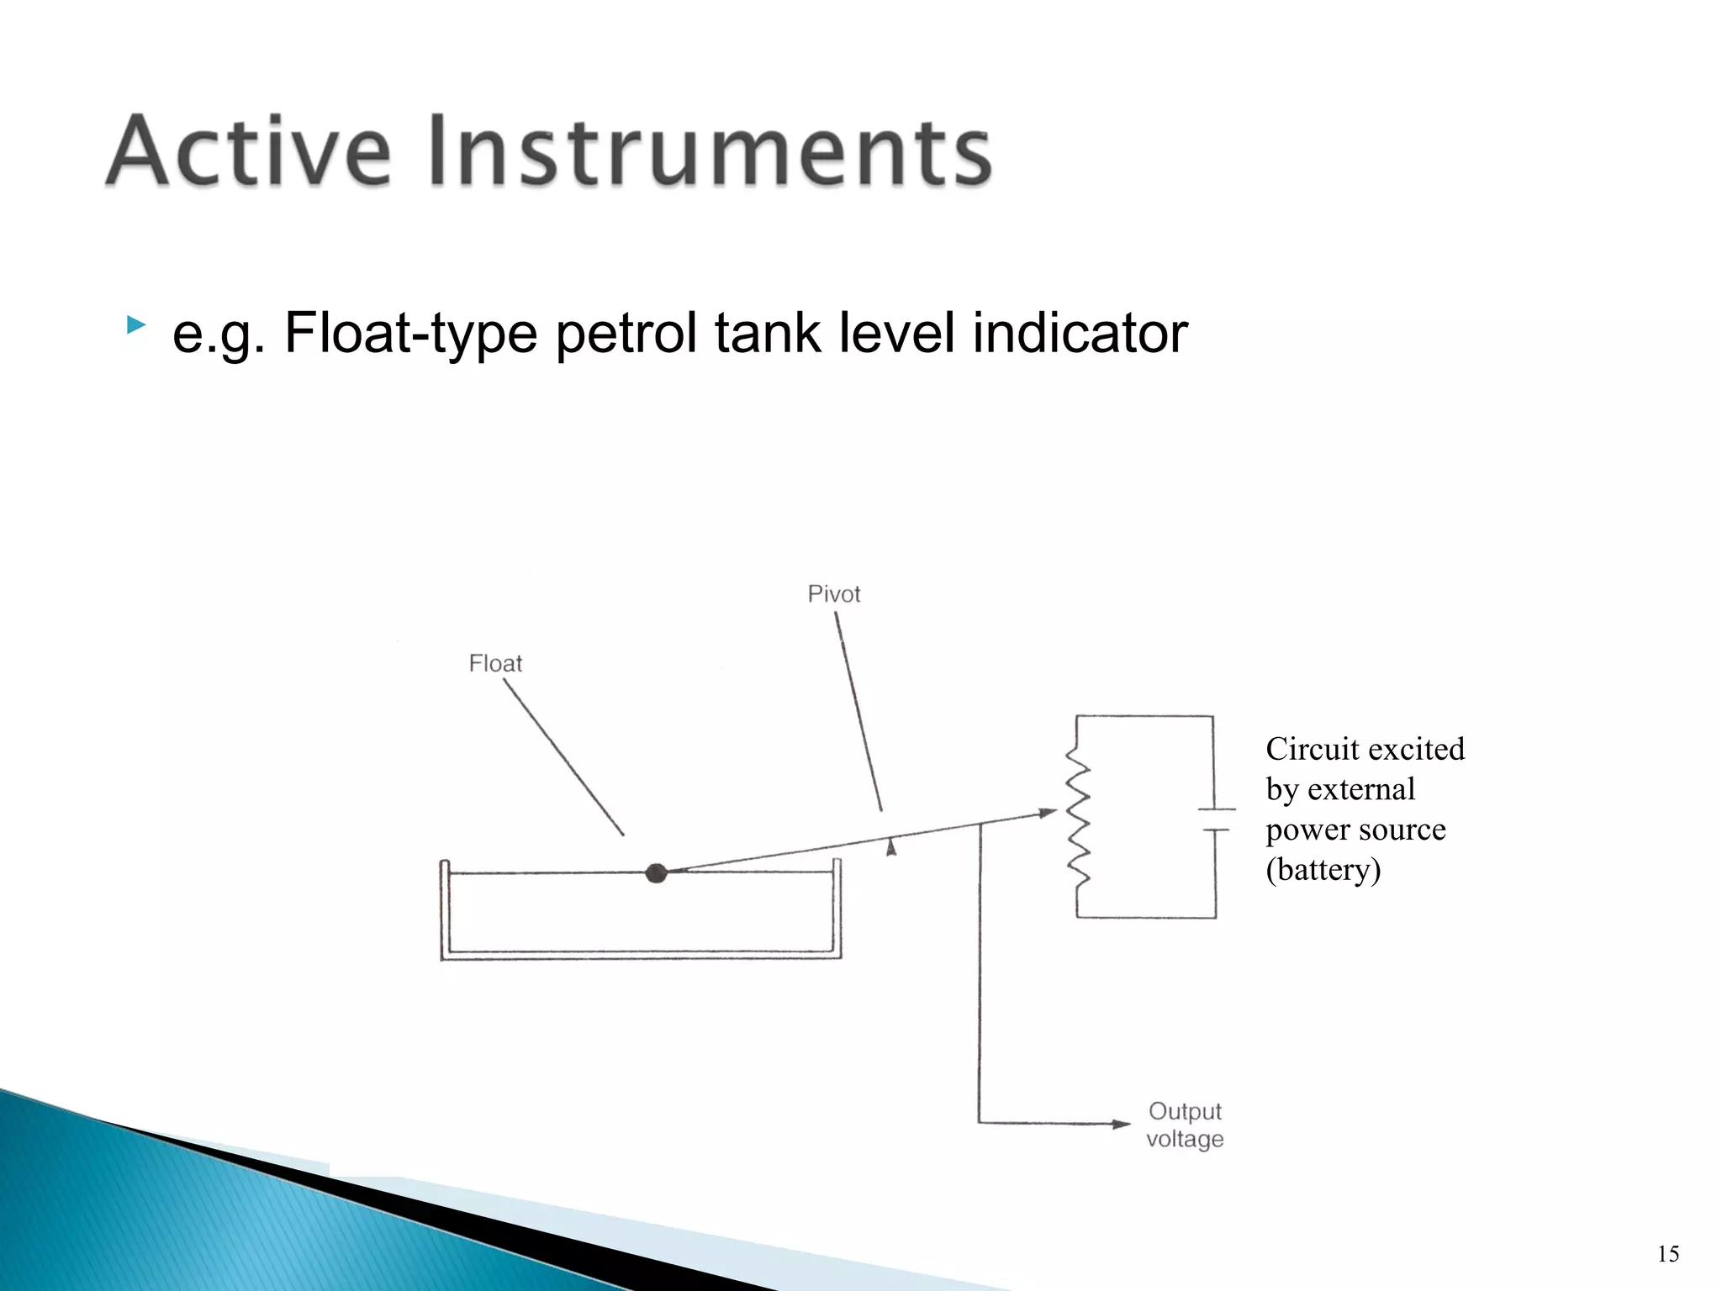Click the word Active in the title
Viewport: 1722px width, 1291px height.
tap(249, 151)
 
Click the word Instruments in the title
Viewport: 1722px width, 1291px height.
tap(710, 151)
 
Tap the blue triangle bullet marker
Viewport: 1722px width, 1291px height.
tap(135, 325)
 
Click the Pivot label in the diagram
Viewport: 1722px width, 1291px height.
tap(833, 594)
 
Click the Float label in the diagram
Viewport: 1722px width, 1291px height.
tap(495, 664)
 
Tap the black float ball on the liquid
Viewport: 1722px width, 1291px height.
tap(657, 873)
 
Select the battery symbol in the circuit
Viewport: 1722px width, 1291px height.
tap(1215, 819)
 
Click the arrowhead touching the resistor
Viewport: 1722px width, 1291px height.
tap(1048, 813)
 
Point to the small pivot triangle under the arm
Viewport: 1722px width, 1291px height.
tap(891, 847)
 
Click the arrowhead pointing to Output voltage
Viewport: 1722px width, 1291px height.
tap(1122, 1124)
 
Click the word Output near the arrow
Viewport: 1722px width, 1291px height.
tap(1185, 1111)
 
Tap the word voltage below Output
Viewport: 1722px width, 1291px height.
tap(1185, 1140)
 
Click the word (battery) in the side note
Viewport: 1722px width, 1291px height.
tap(1323, 869)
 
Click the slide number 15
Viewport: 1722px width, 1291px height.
tap(1668, 1254)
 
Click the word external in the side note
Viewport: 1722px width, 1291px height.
tap(1361, 789)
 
